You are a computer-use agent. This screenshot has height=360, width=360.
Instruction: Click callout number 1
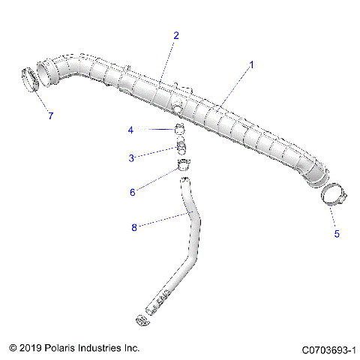251,64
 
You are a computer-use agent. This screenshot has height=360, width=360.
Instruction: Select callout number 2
175,35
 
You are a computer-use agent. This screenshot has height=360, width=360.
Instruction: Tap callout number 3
132,158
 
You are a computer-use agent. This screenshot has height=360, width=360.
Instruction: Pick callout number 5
337,234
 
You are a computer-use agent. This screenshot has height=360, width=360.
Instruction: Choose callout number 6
133,192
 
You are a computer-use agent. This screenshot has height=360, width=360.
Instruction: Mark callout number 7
50,116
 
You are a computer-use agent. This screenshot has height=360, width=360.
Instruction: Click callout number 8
133,226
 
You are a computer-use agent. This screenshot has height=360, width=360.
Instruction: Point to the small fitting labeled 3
181,144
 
